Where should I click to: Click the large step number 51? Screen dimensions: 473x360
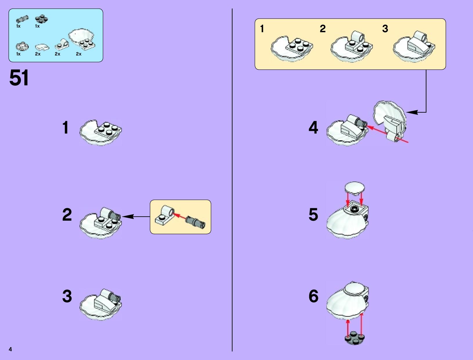pyautogui.click(x=19, y=78)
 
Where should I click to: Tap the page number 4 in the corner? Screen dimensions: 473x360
pyautogui.click(x=10, y=349)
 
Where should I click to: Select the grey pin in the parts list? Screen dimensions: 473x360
pyautogui.click(x=22, y=19)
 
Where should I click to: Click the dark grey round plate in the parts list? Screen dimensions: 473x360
pyautogui.click(x=41, y=19)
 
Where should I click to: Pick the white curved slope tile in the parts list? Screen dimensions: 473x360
pyautogui.click(x=42, y=47)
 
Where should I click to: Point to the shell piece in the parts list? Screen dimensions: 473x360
pyautogui.click(x=82, y=39)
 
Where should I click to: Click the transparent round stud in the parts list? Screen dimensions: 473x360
pyautogui.click(x=22, y=46)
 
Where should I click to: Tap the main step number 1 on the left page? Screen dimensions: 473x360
pyautogui.click(x=66, y=127)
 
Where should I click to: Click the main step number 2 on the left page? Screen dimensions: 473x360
pyautogui.click(x=67, y=215)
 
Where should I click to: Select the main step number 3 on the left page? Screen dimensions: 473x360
pyautogui.click(x=67, y=296)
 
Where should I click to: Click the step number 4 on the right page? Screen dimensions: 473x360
pyautogui.click(x=313, y=127)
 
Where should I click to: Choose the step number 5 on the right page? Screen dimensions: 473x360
pyautogui.click(x=313, y=215)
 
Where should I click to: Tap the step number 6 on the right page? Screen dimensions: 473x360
pyautogui.click(x=313, y=296)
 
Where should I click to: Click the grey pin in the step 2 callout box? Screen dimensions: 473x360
pyautogui.click(x=196, y=222)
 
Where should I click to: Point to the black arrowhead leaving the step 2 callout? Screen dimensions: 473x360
pyautogui.click(x=128, y=216)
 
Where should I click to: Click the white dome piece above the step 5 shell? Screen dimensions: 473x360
pyautogui.click(x=355, y=188)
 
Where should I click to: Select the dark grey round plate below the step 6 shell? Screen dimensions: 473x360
pyautogui.click(x=355, y=338)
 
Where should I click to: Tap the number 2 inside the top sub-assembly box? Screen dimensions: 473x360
pyautogui.click(x=323, y=28)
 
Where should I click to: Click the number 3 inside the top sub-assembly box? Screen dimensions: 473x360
pyautogui.click(x=385, y=28)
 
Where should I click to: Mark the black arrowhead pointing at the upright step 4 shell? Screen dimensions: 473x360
pyautogui.click(x=412, y=112)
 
